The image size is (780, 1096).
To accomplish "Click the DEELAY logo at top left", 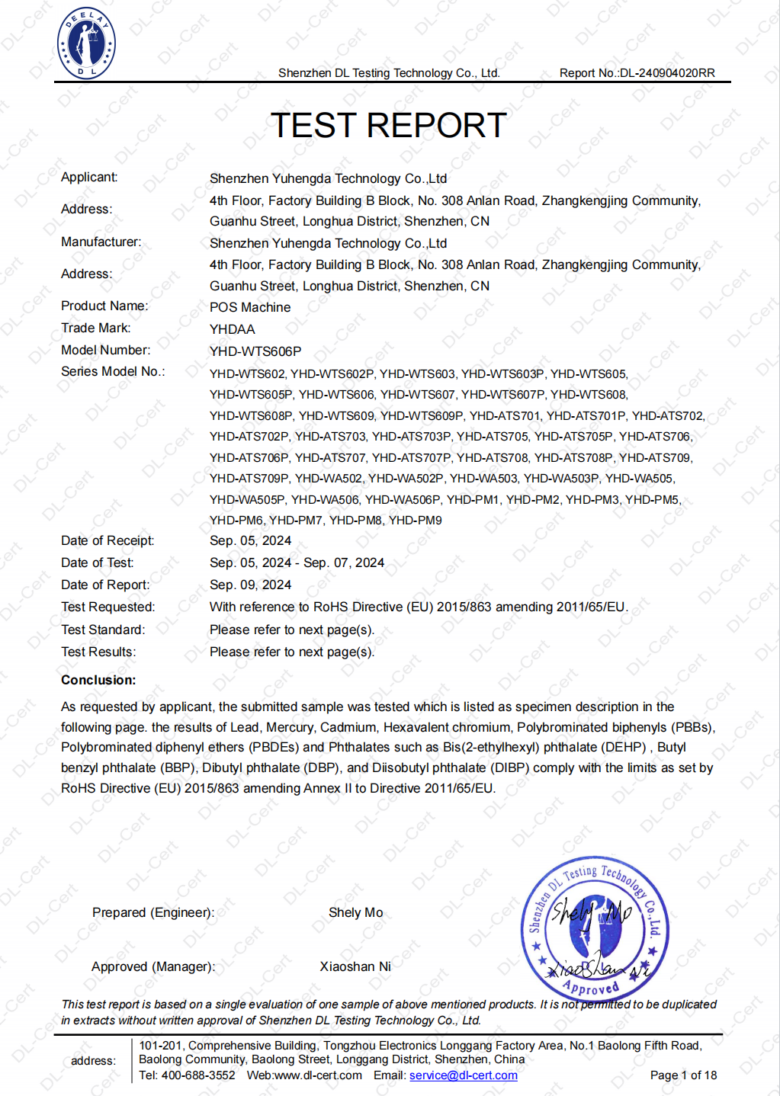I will pos(86,43).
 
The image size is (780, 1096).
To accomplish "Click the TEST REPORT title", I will pos(389,126).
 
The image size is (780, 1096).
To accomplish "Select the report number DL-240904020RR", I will pos(667,73).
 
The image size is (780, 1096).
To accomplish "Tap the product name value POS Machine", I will pos(250,307).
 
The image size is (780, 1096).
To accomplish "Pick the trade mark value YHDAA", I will pos(233,329).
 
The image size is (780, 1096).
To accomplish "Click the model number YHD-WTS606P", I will pos(255,351).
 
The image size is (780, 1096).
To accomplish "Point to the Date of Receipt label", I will pos(108,540).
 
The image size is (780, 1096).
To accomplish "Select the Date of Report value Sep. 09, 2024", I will pos(250,585).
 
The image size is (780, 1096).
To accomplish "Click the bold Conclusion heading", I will pos(98,680).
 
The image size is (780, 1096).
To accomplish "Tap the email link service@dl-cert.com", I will pos(464,1075).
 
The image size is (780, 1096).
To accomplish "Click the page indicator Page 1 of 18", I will pos(683,1075).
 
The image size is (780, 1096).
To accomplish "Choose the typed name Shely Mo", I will pos(356,912).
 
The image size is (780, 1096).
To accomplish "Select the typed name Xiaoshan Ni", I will pos(355,966).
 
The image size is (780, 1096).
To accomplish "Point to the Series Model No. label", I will pos(113,371).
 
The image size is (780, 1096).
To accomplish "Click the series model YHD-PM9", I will pos(416,521).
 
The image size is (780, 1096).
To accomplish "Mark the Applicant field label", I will pos(89,177).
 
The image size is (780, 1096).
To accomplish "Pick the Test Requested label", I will pos(108,607).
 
